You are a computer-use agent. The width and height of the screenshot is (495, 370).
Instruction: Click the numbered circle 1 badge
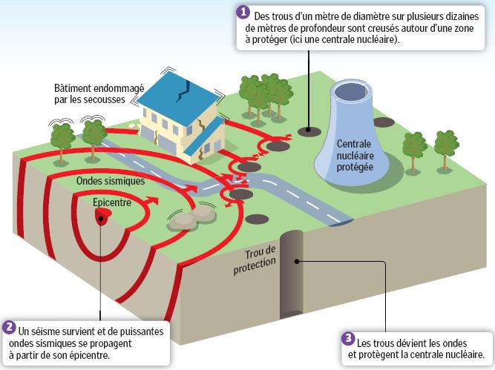pos(242,12)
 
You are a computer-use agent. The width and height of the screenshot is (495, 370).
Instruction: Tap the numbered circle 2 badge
pos(9,327)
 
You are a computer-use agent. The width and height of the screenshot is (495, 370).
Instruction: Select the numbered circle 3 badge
pos(347,337)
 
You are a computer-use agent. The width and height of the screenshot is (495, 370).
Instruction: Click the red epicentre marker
pos(102,214)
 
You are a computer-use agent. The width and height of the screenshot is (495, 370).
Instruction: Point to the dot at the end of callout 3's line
pos(298,260)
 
